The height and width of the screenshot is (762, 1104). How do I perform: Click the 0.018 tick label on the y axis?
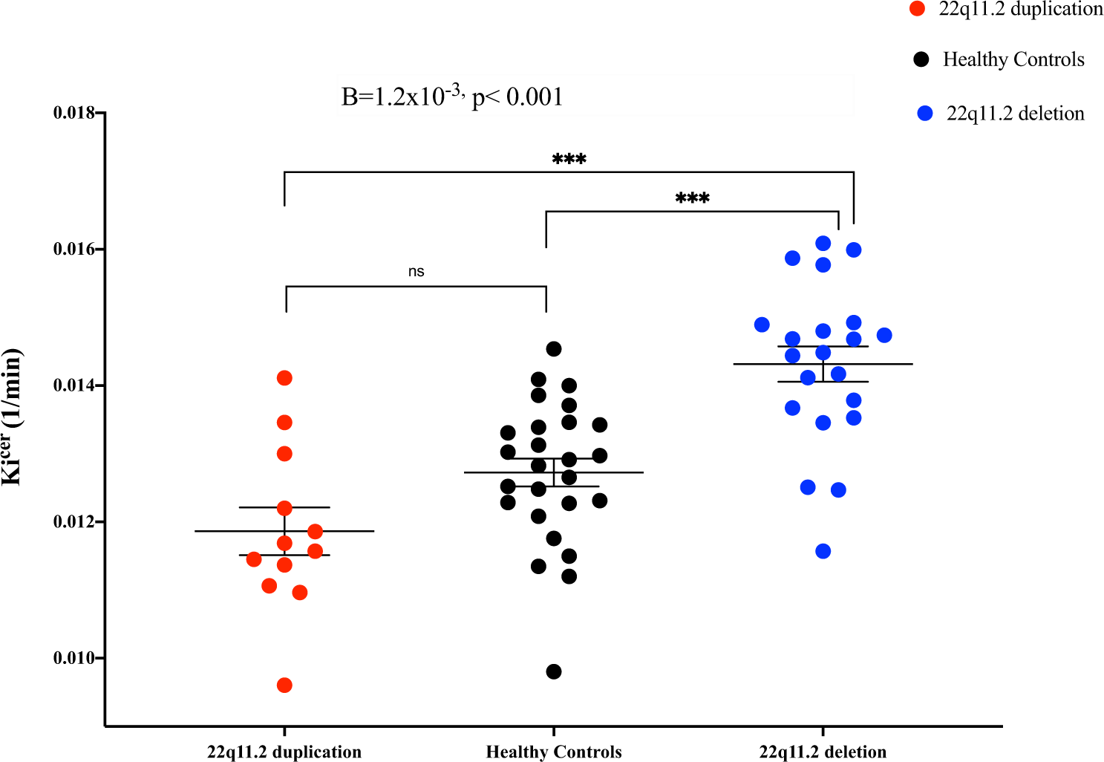75,113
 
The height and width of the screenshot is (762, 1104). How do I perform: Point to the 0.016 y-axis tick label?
75,249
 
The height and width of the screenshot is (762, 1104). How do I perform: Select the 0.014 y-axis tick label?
75,385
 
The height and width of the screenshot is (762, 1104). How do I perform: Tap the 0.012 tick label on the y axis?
75,521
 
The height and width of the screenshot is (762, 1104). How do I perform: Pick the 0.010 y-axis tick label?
75,658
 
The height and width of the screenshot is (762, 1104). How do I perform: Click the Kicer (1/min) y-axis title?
13,417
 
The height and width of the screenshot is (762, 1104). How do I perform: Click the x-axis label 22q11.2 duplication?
284,752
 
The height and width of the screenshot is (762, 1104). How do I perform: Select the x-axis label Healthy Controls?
554,752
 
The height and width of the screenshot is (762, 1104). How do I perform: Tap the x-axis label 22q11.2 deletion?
823,752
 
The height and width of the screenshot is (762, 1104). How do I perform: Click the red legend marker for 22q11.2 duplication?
918,9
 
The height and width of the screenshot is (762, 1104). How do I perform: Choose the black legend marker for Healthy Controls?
921,59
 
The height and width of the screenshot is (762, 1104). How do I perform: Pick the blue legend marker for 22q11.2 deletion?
925,114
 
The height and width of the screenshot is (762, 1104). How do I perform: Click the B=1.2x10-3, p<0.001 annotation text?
451,97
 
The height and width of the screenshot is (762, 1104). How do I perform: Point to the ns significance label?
416,272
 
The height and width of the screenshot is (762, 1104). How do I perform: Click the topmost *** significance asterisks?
569,159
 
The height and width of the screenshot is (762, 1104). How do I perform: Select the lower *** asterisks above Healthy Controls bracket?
692,198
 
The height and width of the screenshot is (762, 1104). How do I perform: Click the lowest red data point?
284,685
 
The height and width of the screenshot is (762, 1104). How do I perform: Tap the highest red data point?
284,378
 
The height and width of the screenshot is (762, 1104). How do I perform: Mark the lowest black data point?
554,671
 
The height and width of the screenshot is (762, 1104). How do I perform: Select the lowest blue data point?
823,551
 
